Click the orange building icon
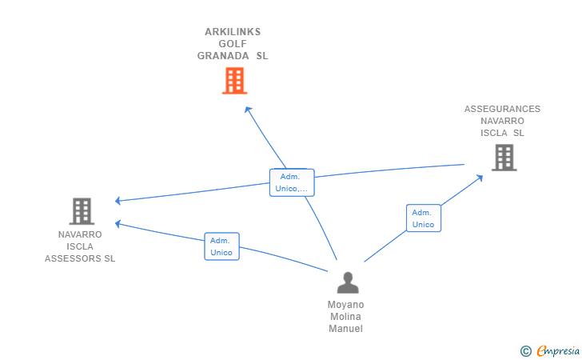pyautogui.click(x=234, y=81)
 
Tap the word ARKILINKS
pyautogui.click(x=233, y=32)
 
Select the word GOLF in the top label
pyautogui.click(x=233, y=44)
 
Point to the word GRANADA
pyautogui.click(x=223, y=56)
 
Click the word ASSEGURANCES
pyautogui.click(x=502, y=109)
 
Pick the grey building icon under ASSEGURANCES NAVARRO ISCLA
pyautogui.click(x=504, y=158)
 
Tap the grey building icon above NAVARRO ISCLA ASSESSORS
pyautogui.click(x=82, y=211)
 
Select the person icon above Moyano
pyautogui.click(x=348, y=282)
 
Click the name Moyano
pyautogui.click(x=345, y=305)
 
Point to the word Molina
pyautogui.click(x=345, y=317)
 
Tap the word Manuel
pyautogui.click(x=345, y=329)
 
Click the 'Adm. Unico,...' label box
pyautogui.click(x=292, y=182)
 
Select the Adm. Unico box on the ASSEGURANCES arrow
pyautogui.click(x=424, y=218)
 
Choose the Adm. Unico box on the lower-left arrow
pyautogui.click(x=221, y=246)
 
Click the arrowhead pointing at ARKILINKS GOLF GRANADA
pyautogui.click(x=248, y=110)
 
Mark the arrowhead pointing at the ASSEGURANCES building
pyautogui.click(x=480, y=178)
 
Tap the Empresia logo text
pyautogui.click(x=558, y=350)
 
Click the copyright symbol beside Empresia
pyautogui.click(x=526, y=351)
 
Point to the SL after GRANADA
pyautogui.click(x=262, y=56)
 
